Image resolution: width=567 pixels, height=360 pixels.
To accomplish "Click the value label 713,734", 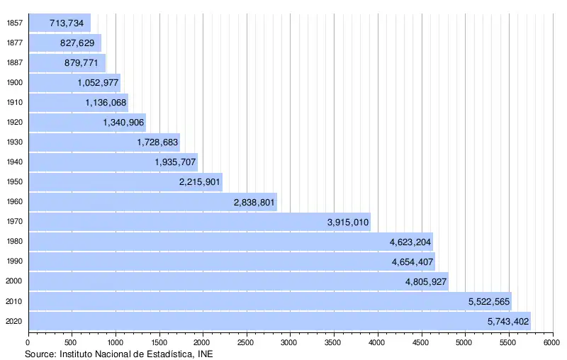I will pos(67,23).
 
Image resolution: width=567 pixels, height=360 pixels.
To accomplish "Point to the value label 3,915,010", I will pos(348,223).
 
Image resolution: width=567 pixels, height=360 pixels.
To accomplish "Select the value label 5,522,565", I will pos(489,302).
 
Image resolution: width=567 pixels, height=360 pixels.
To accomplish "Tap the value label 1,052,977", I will pos(99,83).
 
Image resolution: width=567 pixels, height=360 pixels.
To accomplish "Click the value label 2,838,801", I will pos(254,203).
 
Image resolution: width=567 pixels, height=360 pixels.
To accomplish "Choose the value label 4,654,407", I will pos(412,262).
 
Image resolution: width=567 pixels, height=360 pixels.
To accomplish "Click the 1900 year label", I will pos(14,83).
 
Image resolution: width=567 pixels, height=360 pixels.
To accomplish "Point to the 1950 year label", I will pos(14,182).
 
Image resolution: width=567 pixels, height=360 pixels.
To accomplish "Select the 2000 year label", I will pos(14,281).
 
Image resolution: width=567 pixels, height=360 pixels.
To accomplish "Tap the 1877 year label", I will pos(14,43).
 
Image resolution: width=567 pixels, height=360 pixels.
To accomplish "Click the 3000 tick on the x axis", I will pos(290,342).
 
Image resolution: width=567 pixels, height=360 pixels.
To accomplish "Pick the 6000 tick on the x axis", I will pos(551,342).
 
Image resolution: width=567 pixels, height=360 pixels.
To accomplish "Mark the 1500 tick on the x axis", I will pos(159,342).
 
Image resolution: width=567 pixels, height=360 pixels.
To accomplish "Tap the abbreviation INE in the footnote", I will pos(203,353).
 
